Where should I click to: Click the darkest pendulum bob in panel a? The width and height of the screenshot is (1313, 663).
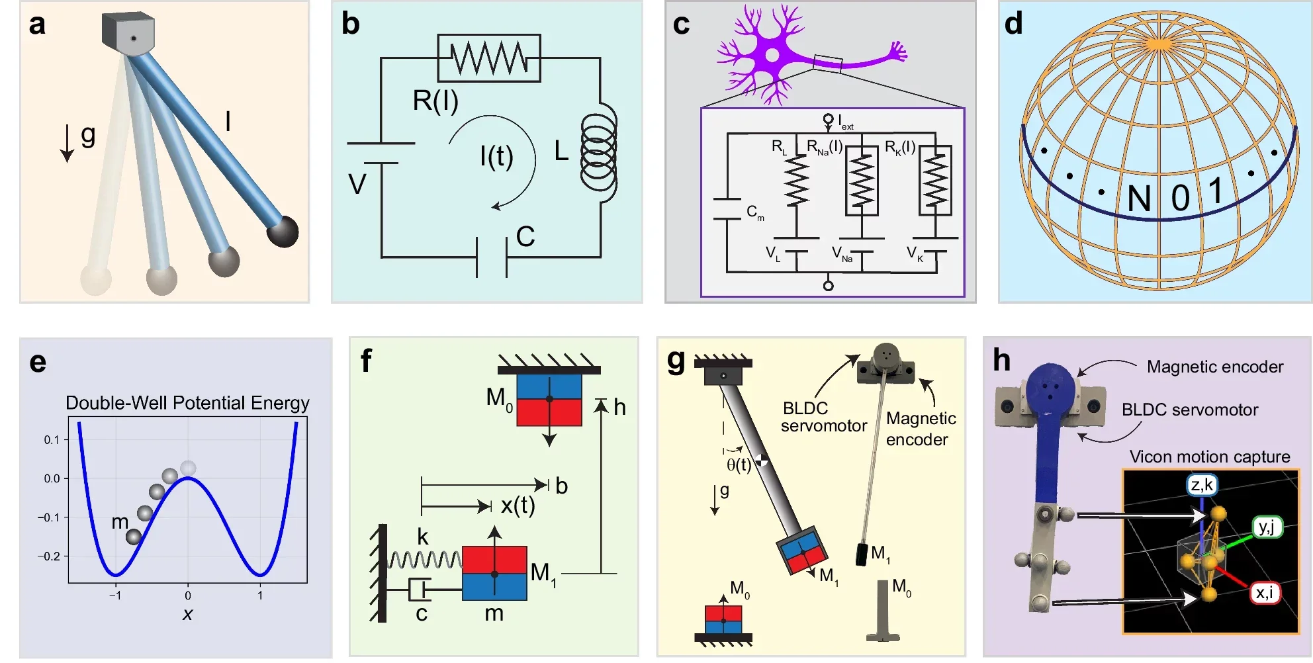(283, 232)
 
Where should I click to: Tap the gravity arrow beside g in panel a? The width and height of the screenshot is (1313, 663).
(67, 143)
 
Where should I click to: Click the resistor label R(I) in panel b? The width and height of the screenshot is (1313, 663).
(435, 101)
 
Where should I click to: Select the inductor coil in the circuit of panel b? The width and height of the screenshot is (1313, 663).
(598, 152)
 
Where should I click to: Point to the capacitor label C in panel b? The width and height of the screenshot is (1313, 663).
(525, 237)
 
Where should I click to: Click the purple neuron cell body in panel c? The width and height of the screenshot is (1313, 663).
(772, 54)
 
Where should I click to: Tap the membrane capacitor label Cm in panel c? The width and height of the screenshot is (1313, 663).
(754, 212)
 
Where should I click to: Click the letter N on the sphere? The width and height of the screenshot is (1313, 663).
(1139, 199)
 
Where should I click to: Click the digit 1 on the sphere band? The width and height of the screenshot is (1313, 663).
(1216, 192)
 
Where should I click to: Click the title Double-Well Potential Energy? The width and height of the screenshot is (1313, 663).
(187, 403)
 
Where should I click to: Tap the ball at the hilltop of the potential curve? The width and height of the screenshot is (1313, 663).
(188, 468)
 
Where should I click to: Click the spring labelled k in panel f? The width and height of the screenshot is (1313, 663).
(424, 560)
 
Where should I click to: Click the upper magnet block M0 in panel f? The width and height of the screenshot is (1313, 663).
(549, 400)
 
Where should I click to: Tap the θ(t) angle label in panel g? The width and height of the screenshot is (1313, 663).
(739, 465)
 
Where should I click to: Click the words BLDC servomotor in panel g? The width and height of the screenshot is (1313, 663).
(823, 417)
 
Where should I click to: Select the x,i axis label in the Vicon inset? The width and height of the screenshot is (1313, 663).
(1264, 592)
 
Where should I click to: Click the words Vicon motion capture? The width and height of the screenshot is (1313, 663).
(1209, 457)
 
